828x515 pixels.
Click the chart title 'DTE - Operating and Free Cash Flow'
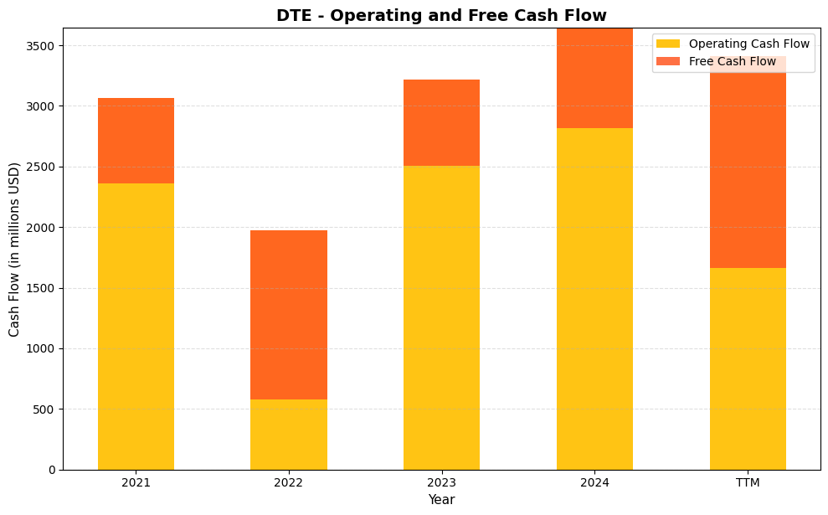pyautogui.click(x=441, y=15)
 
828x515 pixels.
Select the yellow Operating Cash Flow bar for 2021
pyautogui.click(x=136, y=327)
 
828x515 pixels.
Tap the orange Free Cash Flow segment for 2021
pyautogui.click(x=136, y=141)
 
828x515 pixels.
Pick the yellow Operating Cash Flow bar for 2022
pyautogui.click(x=289, y=435)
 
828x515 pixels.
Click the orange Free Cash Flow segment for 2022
pyautogui.click(x=289, y=315)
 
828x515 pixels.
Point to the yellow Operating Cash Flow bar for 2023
pyautogui.click(x=441, y=317)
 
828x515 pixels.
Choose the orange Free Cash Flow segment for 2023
pyautogui.click(x=441, y=123)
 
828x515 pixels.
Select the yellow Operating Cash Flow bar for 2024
pyautogui.click(x=594, y=299)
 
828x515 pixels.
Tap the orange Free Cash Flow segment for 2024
pyautogui.click(x=594, y=79)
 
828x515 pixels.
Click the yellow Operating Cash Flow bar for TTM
pyautogui.click(x=748, y=368)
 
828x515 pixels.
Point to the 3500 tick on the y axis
pyautogui.click(x=43, y=46)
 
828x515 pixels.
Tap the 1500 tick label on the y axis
pyautogui.click(x=43, y=288)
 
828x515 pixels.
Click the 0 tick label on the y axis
pyautogui.click(x=51, y=470)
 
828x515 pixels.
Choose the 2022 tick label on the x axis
pyautogui.click(x=289, y=483)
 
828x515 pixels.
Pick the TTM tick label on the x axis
pyautogui.click(x=748, y=483)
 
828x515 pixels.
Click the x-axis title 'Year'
pyautogui.click(x=441, y=500)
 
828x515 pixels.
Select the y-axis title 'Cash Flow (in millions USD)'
pyautogui.click(x=14, y=249)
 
